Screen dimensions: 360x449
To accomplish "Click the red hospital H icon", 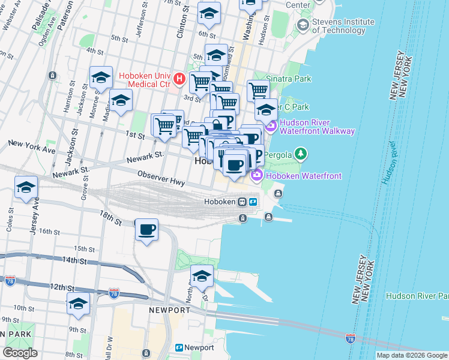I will click(178, 79).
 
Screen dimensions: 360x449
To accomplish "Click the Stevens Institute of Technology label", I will click(343, 26).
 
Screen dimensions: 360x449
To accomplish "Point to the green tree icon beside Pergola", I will click(301, 155).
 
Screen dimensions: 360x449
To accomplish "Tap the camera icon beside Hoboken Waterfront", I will click(257, 175).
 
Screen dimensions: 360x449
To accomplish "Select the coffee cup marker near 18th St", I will click(146, 229).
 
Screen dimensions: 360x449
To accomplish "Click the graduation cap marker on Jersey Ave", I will click(26, 187).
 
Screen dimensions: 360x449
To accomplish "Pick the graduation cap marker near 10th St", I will click(78, 304).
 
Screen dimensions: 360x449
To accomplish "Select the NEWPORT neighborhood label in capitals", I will click(170, 310).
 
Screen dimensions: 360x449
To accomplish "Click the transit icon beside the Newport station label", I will click(179, 347).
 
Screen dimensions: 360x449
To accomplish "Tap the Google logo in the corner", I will click(20, 353).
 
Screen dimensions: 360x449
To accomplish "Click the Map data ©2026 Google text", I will click(411, 355).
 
